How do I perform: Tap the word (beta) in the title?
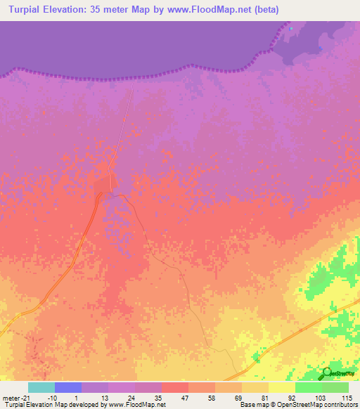(266, 10)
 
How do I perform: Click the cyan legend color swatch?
(41, 387)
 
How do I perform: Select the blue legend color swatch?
(67, 387)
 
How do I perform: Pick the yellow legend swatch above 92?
(281, 387)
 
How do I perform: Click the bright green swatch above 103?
(308, 387)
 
